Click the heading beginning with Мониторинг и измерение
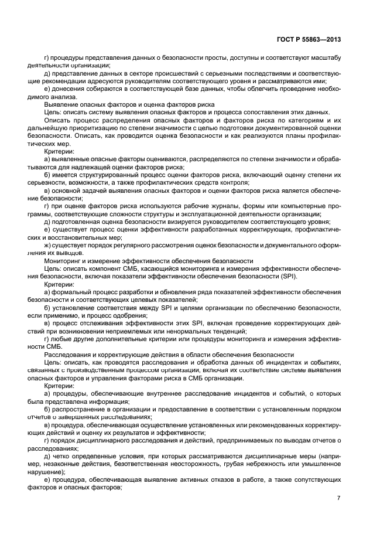click(149, 260)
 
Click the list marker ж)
click(47, 245)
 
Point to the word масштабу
click(324, 57)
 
